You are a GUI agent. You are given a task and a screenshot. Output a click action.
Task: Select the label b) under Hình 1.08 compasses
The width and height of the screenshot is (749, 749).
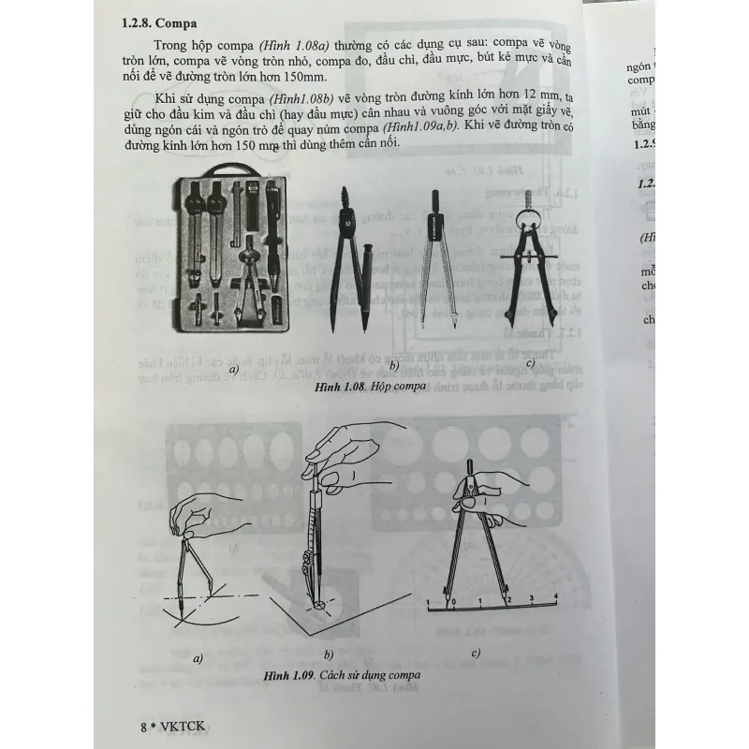pyautogui.click(x=394, y=365)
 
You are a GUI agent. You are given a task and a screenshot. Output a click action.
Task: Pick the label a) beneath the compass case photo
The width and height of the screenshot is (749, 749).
pyautogui.click(x=233, y=370)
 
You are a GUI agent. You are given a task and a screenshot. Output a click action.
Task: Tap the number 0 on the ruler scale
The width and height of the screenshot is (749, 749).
pyautogui.click(x=452, y=601)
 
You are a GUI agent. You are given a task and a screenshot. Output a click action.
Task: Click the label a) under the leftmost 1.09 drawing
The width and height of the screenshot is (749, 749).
pyautogui.click(x=198, y=658)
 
